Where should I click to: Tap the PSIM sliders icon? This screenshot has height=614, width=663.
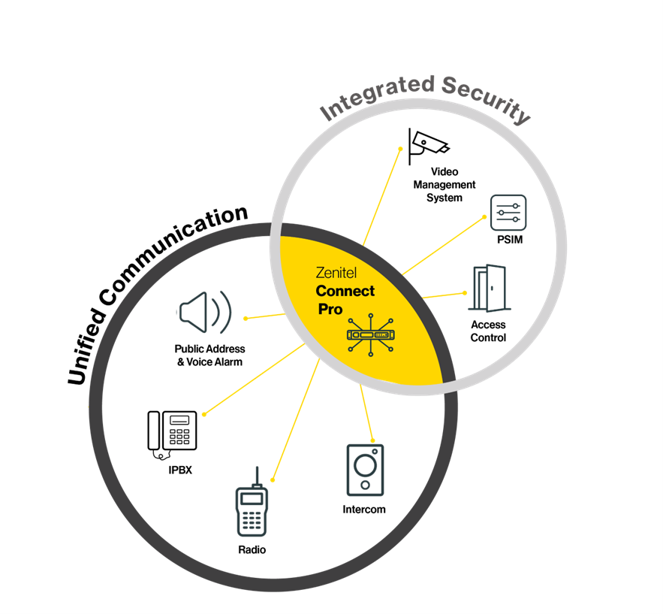pyautogui.click(x=508, y=213)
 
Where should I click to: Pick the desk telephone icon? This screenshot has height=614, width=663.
pyautogui.click(x=173, y=432)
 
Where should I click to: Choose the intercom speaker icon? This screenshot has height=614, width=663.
pyautogui.click(x=365, y=470)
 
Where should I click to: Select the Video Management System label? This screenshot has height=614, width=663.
pyautogui.click(x=445, y=185)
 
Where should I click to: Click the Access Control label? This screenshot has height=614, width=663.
pyautogui.click(x=488, y=331)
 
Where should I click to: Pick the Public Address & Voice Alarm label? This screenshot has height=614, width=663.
pyautogui.click(x=209, y=355)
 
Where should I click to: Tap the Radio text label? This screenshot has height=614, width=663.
pyautogui.click(x=252, y=549)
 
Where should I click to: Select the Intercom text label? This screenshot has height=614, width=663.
pyautogui.click(x=364, y=510)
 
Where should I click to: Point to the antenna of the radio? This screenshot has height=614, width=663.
pyautogui.click(x=255, y=476)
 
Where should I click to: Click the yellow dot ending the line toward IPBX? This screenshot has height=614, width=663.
pyautogui.click(x=204, y=413)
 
